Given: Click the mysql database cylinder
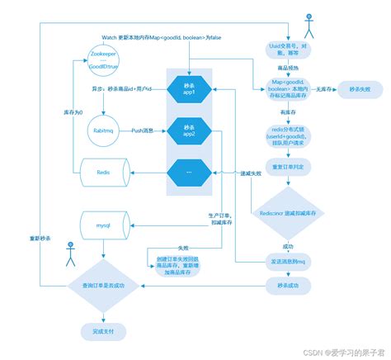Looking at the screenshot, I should tap(104, 224).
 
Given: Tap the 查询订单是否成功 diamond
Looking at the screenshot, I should tap(104, 285).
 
